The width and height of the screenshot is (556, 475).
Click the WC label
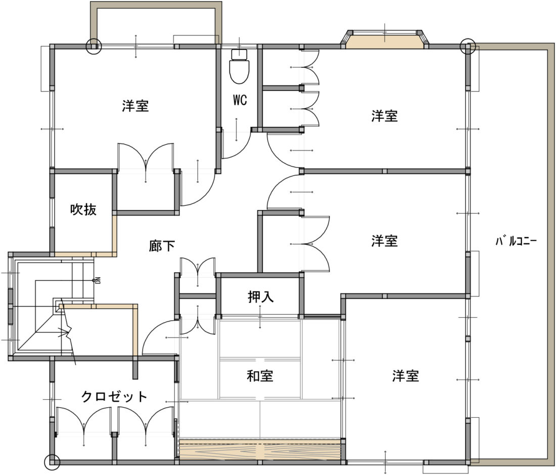tap(240, 100)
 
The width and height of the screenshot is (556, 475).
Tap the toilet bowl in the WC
tap(240, 71)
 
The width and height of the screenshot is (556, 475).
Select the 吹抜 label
tap(83, 209)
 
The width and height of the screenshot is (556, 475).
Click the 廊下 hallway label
tap(162, 246)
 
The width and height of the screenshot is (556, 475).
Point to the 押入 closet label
tap(261, 296)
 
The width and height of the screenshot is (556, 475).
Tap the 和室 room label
tap(260, 376)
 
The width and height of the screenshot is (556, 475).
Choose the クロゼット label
tap(114, 396)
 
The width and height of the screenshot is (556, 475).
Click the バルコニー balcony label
tap(516, 242)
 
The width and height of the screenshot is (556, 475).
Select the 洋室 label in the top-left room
tap(135, 106)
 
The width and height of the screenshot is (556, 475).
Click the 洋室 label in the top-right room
tap(385, 116)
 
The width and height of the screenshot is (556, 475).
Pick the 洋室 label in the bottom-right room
tap(406, 376)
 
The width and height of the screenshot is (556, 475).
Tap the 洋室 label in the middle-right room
tap(385, 241)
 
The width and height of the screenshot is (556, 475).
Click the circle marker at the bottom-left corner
tap(52, 462)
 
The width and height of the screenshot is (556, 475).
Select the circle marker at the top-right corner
tap(468, 46)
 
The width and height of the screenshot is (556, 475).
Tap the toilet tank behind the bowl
tap(240, 54)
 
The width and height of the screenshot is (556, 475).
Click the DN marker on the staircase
tap(96, 280)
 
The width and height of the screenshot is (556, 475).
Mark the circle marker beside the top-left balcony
tap(94, 47)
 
